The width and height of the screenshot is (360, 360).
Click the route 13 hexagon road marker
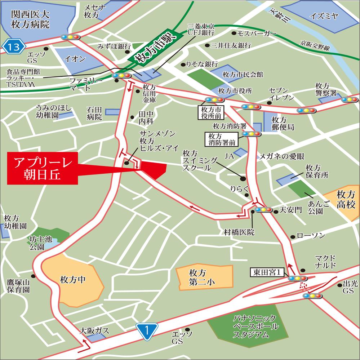(13, 46)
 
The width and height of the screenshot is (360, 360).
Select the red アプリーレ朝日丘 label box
(43, 169)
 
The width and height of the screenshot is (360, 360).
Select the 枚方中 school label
(72, 279)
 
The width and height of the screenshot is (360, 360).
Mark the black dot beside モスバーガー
(234, 34)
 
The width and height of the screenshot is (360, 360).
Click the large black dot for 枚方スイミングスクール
(243, 178)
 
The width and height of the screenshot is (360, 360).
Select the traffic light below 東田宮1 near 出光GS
(312, 296)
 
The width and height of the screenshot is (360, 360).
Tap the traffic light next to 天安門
(263, 210)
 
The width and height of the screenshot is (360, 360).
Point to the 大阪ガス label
(94, 330)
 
